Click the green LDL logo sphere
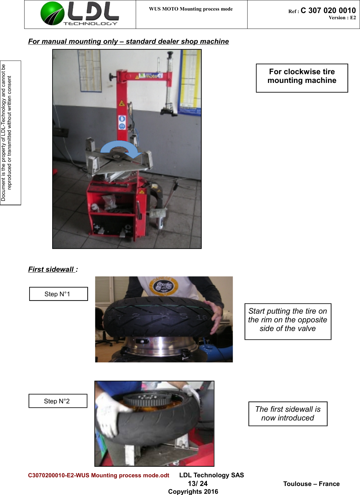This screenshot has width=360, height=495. coord(52,13)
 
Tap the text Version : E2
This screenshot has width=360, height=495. coord(342,18)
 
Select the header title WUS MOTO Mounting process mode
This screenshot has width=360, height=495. coord(191,9)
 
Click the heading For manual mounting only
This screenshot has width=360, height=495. coord(128,42)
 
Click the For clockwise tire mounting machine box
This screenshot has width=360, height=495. coord(302,78)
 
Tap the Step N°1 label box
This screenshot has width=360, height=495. coord(58,294)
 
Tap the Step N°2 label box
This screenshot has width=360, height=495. coord(58,401)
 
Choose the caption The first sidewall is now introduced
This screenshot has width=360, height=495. coord(288,414)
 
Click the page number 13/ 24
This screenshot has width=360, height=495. coord(198,484)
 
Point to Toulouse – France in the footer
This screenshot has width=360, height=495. coord(311,484)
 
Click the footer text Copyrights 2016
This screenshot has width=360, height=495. coord(193,491)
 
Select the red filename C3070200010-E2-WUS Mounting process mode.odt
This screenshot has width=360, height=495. coord(98,475)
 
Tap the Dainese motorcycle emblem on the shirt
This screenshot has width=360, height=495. coord(164,286)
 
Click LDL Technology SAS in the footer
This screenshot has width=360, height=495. coord(212,475)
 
